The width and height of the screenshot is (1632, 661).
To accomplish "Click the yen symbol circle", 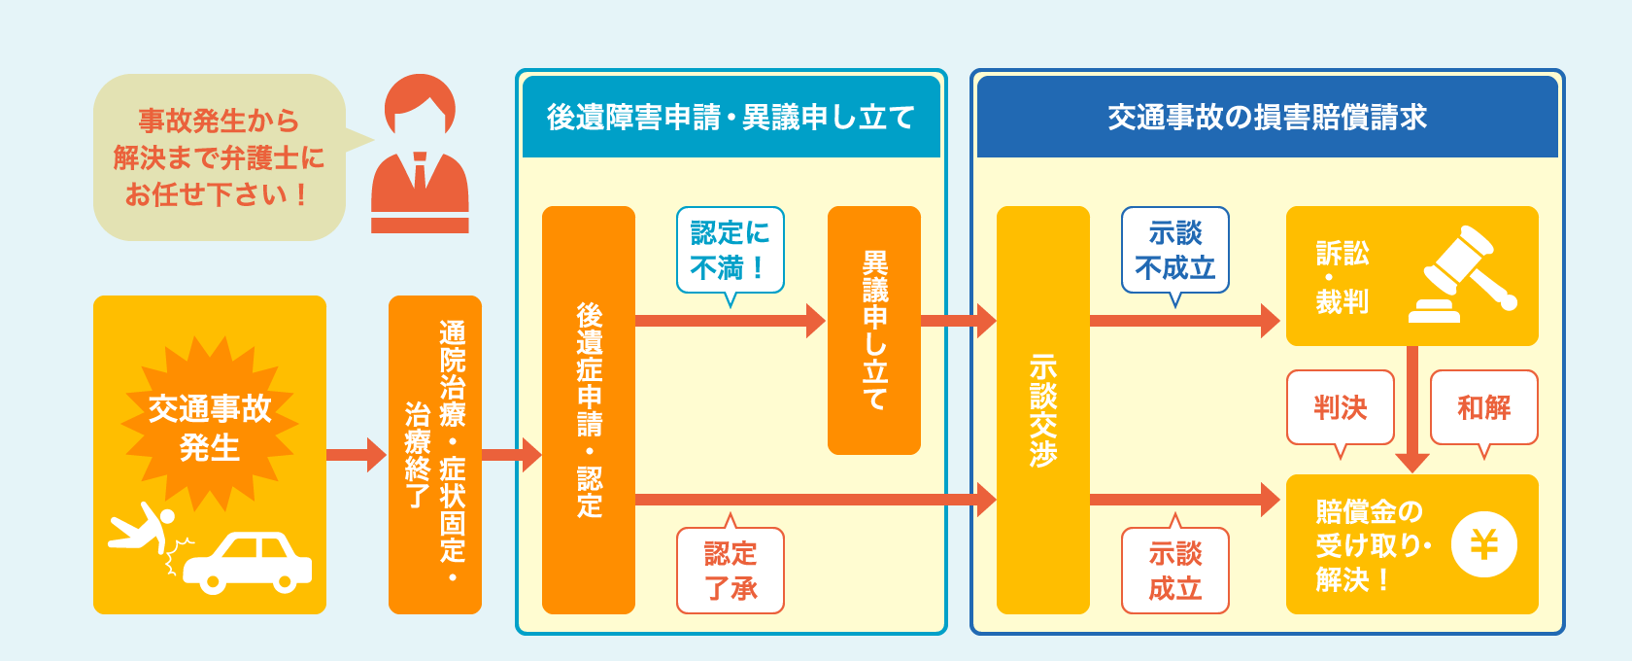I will click(1483, 544).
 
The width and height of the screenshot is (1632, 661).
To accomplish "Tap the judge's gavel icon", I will click(1463, 275).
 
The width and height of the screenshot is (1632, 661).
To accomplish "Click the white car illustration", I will click(248, 563).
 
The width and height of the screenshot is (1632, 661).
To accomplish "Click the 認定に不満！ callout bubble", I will click(730, 250).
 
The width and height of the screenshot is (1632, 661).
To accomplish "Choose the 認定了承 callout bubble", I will click(730, 571).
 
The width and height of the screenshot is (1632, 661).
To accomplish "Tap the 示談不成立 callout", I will click(1174, 250).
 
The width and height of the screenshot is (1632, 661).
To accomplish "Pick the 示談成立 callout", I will click(1174, 571).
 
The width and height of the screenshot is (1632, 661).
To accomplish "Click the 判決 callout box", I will click(1340, 407).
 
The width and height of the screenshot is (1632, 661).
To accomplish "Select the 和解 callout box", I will click(1483, 407).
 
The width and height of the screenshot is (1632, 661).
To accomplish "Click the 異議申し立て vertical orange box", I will click(873, 330).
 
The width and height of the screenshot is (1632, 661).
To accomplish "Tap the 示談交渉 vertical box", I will click(1042, 409).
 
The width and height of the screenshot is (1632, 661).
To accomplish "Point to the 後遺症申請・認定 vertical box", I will click(588, 409).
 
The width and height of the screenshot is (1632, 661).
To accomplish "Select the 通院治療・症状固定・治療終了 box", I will click(434, 454).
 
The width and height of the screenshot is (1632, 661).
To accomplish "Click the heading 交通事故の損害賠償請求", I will click(1267, 118).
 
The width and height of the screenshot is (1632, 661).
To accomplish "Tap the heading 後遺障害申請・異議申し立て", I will click(731, 118).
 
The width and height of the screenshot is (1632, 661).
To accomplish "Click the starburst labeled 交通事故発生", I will click(209, 427).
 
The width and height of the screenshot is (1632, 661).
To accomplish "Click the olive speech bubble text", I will click(219, 157).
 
